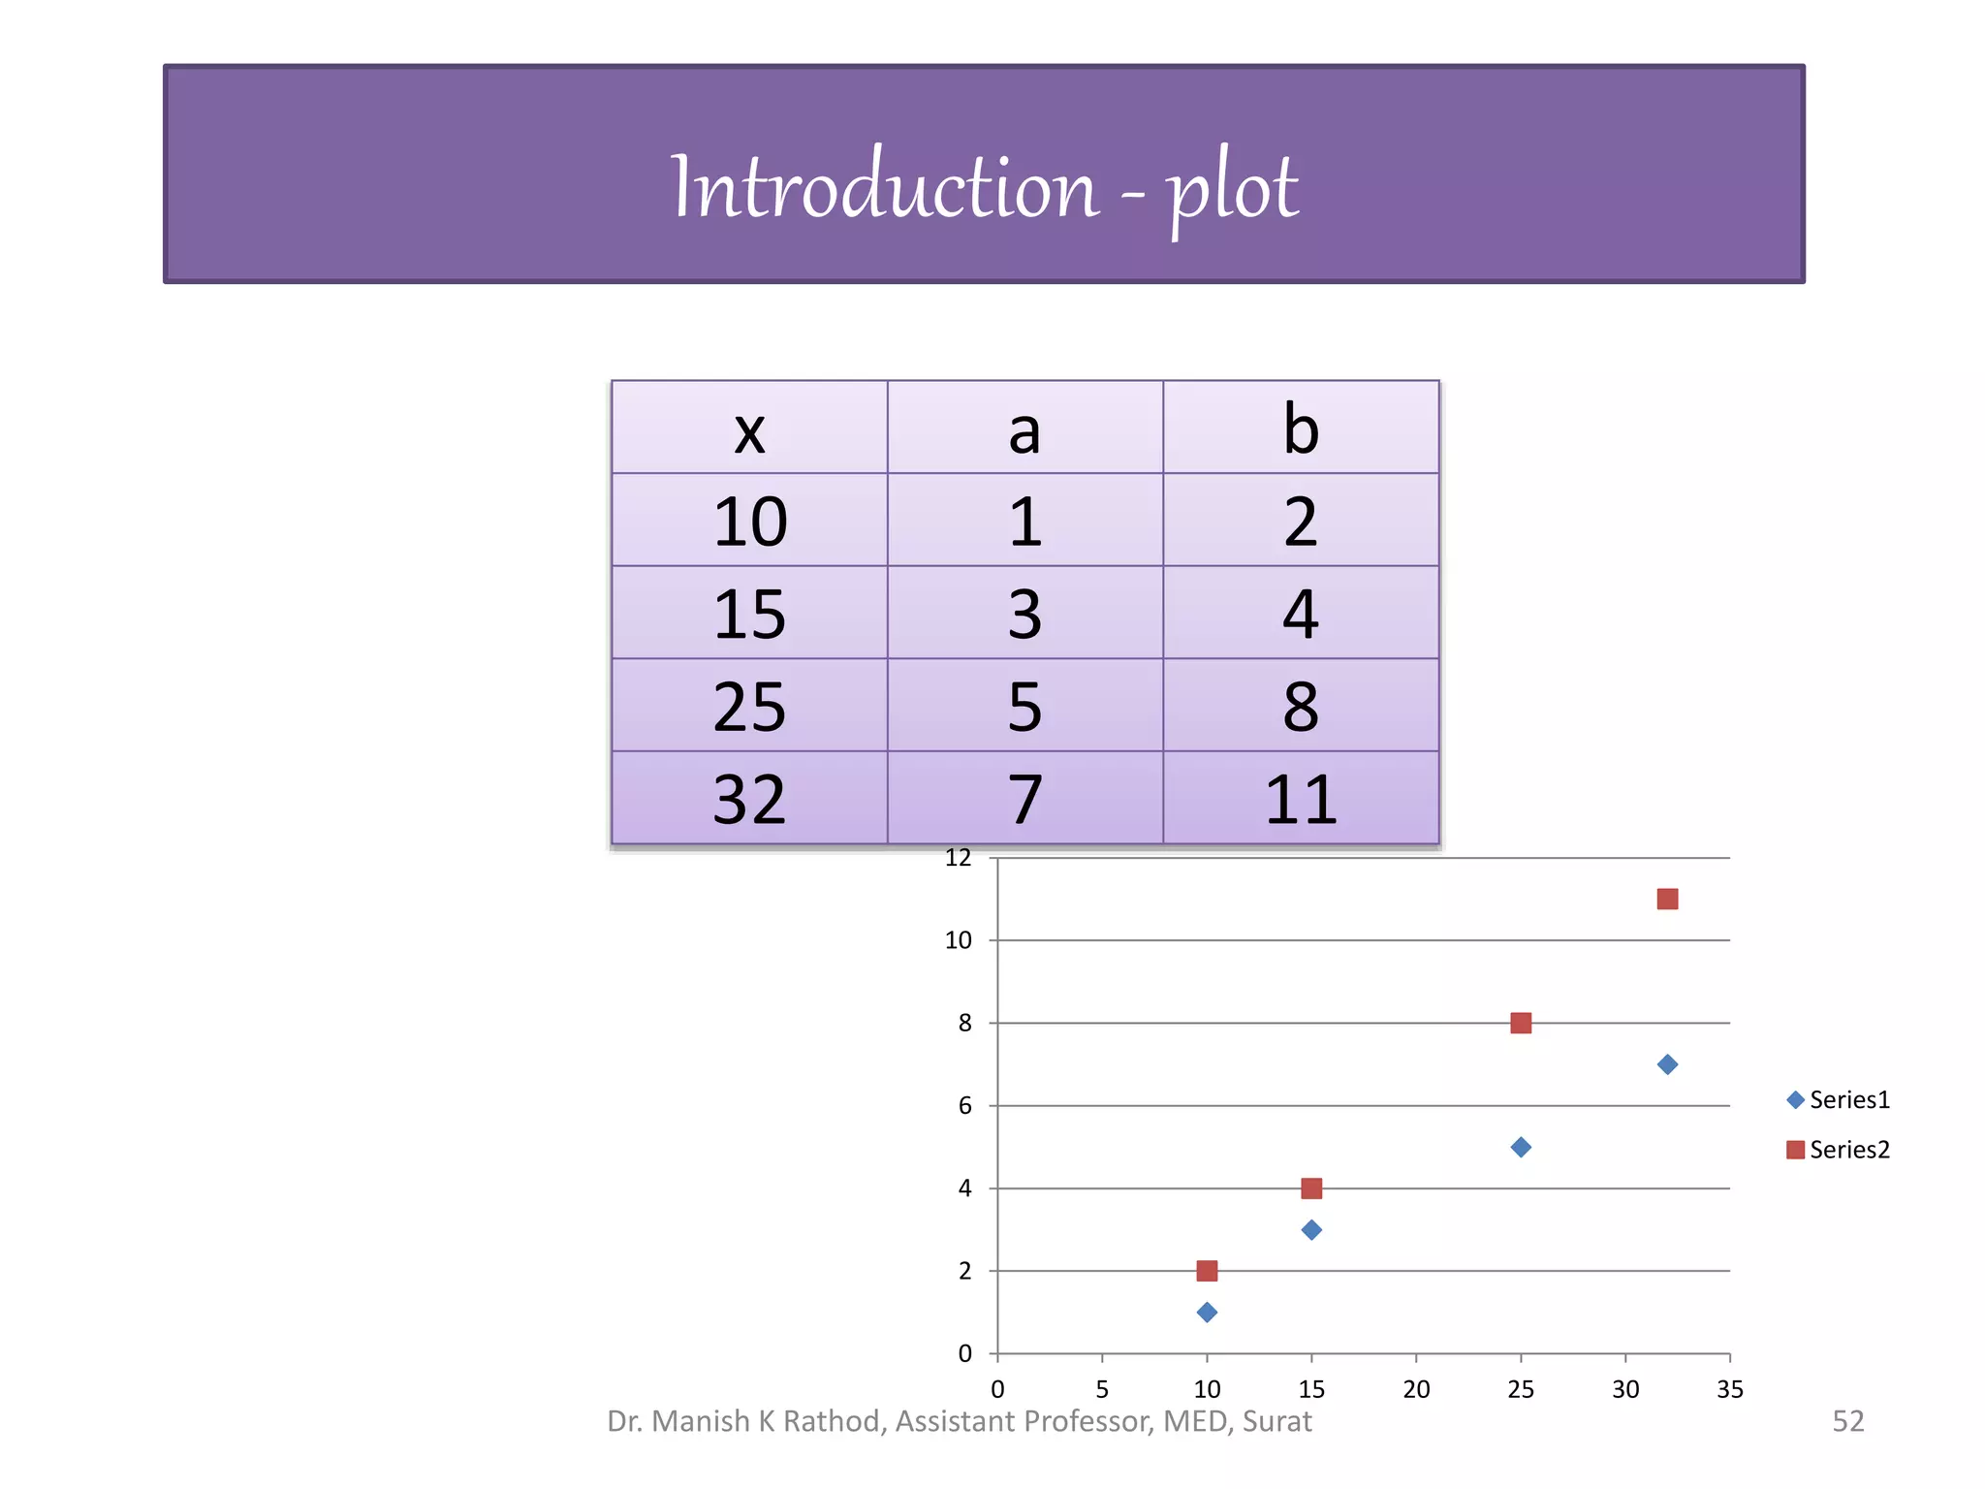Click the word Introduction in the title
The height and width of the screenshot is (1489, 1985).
tap(884, 186)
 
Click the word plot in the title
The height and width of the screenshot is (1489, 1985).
tap(1232, 188)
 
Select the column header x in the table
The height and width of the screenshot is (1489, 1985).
tap(749, 429)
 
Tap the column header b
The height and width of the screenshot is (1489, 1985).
tap(1301, 429)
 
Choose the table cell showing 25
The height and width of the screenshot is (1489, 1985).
tap(749, 707)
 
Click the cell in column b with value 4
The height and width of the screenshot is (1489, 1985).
tap(1301, 615)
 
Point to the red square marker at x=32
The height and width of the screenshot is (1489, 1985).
tap(1667, 900)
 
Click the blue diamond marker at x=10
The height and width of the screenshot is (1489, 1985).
tap(1207, 1313)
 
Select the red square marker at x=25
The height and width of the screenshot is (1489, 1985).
tap(1521, 1024)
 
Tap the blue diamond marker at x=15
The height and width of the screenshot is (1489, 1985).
tap(1311, 1230)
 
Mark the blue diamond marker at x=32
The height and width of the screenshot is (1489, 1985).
tap(1667, 1064)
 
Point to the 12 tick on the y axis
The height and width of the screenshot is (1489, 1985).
tap(958, 858)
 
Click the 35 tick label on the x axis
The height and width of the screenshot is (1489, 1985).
tap(1730, 1389)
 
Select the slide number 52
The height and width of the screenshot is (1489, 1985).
tap(1847, 1421)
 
